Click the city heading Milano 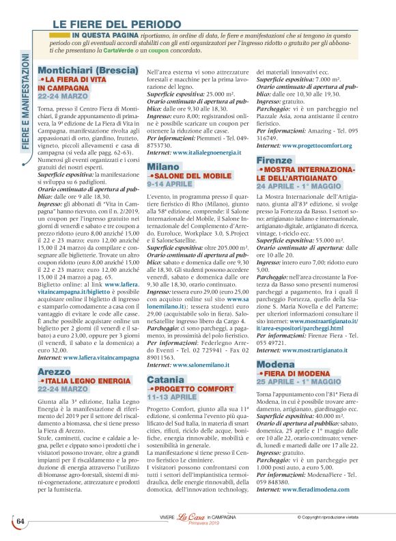163,167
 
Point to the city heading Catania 166,378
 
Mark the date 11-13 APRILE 174,396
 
